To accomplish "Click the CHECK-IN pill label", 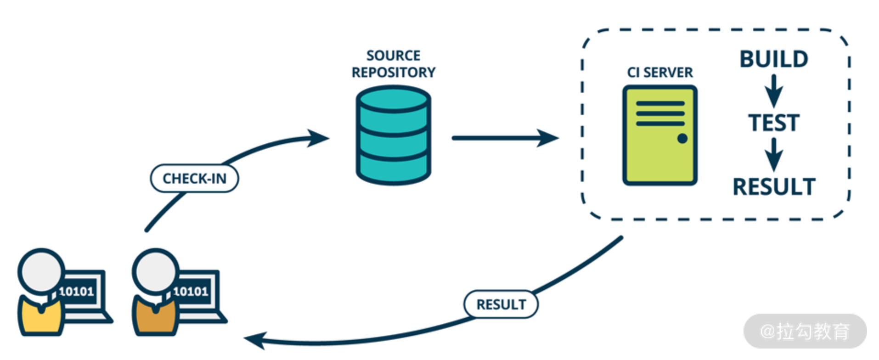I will click(194, 178).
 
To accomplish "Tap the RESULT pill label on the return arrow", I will click(501, 304).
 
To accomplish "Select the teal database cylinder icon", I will click(394, 136).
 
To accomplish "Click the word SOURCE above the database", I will click(393, 56).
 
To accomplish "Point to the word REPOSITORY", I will click(394, 73).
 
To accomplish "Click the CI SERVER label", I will click(660, 73).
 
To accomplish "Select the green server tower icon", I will click(659, 135).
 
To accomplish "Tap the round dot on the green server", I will click(682, 138).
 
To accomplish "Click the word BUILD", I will click(774, 59).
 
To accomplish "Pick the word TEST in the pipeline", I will click(774, 123).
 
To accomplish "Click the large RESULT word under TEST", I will click(774, 187).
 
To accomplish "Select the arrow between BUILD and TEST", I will click(774, 91).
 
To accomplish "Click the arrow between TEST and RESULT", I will click(774, 155).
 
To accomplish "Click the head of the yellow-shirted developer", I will click(41, 271).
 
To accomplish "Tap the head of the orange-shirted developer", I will click(156, 271).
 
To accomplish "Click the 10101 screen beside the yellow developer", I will click(77, 291).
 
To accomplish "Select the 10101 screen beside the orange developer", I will click(192, 291).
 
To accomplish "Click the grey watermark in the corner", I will click(805, 331).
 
